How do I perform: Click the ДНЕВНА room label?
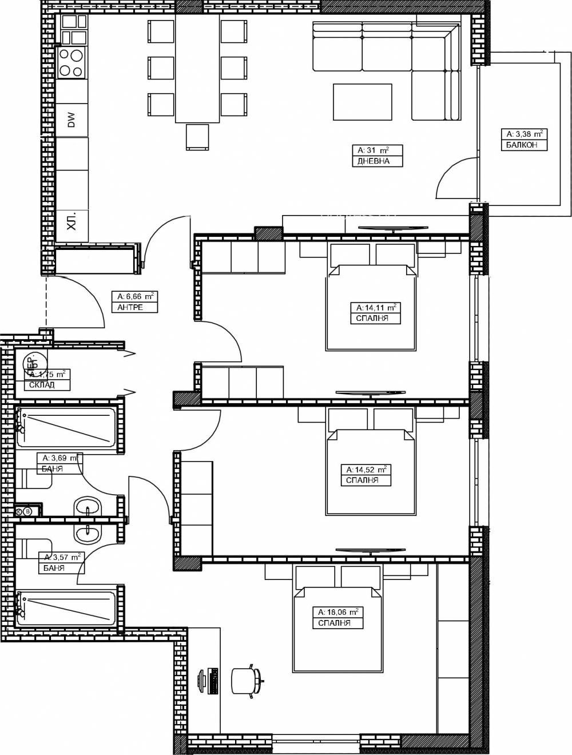pyautogui.click(x=374, y=161)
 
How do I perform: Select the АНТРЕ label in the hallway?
pyautogui.click(x=130, y=307)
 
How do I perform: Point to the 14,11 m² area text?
pyautogui.click(x=376, y=307)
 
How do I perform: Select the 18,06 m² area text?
pyautogui.click(x=338, y=612)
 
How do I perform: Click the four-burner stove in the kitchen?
pyautogui.click(x=71, y=62)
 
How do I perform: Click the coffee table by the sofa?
pyautogui.click(x=363, y=102)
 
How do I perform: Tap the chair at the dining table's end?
pyautogui.click(x=197, y=137)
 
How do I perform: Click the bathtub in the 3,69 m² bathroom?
pyautogui.click(x=66, y=427)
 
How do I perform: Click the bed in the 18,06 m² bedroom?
pyautogui.click(x=337, y=629)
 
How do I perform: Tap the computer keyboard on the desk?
pyautogui.click(x=213, y=681)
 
